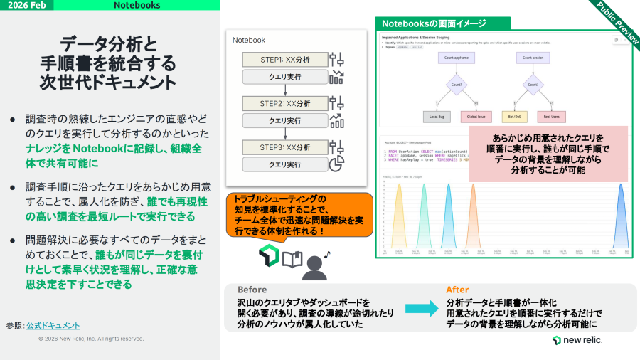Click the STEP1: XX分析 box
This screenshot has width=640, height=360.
(x=283, y=60)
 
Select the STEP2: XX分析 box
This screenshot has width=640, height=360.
(x=283, y=104)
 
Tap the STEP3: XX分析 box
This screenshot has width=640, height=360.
(x=283, y=147)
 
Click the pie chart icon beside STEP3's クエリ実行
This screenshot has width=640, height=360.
(x=337, y=164)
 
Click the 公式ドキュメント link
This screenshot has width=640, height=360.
(x=53, y=325)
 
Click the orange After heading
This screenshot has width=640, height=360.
(x=457, y=290)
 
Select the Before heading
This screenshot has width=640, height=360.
(x=252, y=290)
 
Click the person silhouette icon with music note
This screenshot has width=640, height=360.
(x=314, y=265)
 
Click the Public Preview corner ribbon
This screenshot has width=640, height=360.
(x=617, y=21)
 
